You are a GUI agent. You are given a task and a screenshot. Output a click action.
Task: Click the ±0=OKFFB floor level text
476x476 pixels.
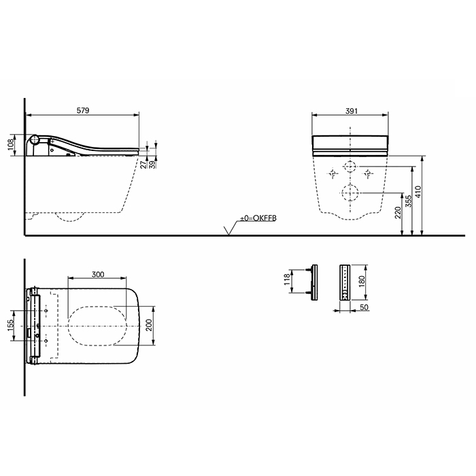(x=258, y=218)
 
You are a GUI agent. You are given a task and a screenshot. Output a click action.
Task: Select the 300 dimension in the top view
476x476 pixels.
(x=98, y=274)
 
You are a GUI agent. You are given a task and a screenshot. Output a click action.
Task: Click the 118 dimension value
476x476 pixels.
(x=286, y=279)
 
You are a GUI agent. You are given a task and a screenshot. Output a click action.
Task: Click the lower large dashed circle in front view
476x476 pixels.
(x=350, y=193)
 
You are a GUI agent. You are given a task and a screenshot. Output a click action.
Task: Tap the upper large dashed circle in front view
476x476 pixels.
(x=350, y=167)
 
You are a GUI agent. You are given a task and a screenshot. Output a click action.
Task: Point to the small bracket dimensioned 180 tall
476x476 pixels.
(x=345, y=279)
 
